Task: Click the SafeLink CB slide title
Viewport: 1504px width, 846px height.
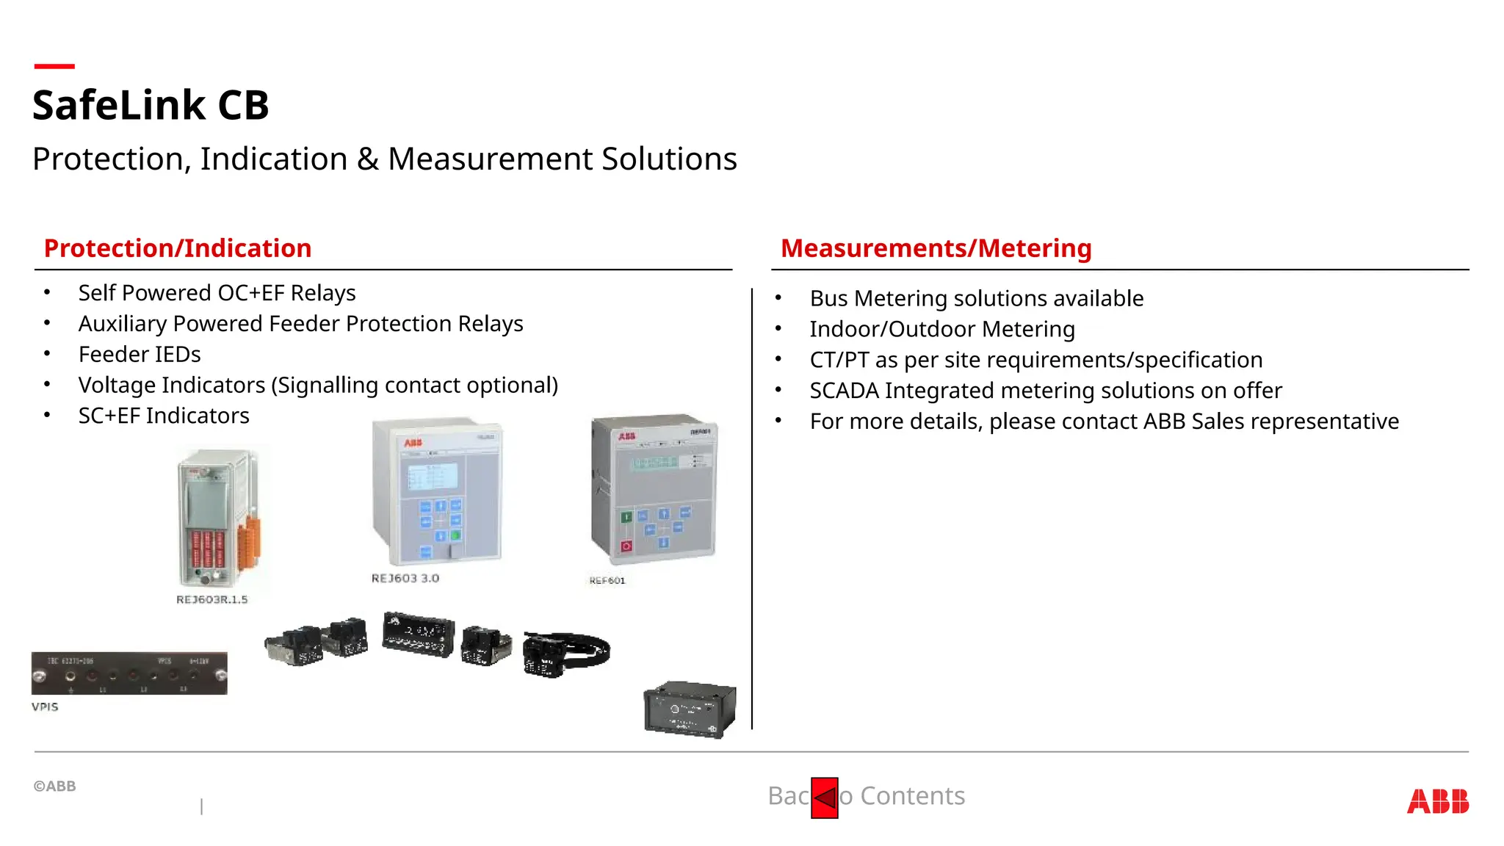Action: point(151,104)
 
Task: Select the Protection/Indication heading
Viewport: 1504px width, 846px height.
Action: point(178,248)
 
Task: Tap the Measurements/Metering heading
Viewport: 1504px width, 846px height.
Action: point(936,248)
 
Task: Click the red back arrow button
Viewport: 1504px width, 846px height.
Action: point(824,798)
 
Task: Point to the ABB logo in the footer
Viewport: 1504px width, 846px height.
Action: point(1437,801)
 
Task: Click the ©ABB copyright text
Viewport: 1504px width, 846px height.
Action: point(54,787)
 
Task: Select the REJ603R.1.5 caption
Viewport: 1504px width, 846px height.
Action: point(211,600)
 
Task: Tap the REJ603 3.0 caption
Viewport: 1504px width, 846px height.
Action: point(405,579)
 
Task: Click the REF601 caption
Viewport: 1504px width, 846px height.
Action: point(607,581)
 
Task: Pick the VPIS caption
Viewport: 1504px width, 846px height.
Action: point(45,707)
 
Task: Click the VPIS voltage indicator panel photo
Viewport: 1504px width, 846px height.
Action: point(129,673)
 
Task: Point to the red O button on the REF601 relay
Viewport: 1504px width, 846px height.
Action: point(626,546)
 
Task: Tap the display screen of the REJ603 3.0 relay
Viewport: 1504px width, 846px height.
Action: point(433,476)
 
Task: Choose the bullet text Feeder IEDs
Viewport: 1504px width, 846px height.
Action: point(140,355)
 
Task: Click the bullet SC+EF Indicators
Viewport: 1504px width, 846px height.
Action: point(164,416)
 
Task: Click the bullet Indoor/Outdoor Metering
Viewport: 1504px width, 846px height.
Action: point(941,329)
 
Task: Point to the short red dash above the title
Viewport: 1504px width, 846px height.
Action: point(54,67)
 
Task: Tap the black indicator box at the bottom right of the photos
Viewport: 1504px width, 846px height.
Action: point(689,709)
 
